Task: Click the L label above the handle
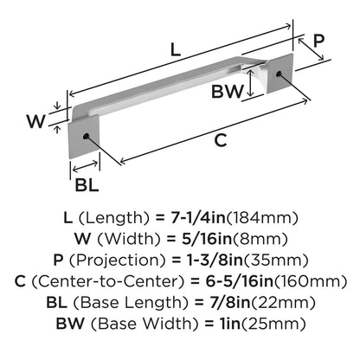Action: [x=176, y=49]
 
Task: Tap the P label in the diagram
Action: [x=318, y=41]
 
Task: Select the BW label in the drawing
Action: [x=228, y=92]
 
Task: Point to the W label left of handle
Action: [x=36, y=121]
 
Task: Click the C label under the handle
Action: [x=221, y=140]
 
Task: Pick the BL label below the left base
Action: [x=87, y=184]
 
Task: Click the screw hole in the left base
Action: [x=86, y=137]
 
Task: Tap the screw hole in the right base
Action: [x=278, y=74]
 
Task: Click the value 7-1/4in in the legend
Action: [x=198, y=218]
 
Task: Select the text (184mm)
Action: [x=262, y=218]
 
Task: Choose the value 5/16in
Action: [x=207, y=239]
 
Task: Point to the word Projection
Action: [x=118, y=260]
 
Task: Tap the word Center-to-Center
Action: [x=107, y=281]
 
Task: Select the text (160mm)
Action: [x=310, y=281]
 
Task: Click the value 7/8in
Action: [x=230, y=302]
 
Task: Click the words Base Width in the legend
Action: [x=145, y=324]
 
